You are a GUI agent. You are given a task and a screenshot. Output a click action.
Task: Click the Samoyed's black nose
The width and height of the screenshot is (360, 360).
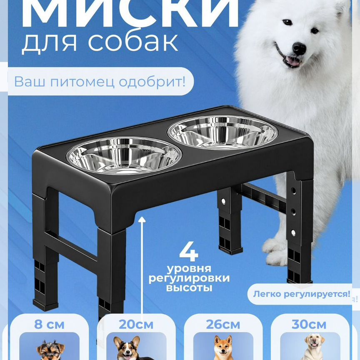click(298, 49)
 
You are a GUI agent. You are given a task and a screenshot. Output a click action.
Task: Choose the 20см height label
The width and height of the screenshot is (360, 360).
click(136, 325)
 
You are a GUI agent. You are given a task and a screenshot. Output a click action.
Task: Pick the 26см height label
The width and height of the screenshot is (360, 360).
click(223, 325)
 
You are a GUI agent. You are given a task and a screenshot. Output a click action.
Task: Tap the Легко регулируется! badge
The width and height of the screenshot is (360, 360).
click(300, 294)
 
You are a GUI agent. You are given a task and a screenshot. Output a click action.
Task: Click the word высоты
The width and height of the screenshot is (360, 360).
click(189, 287)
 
